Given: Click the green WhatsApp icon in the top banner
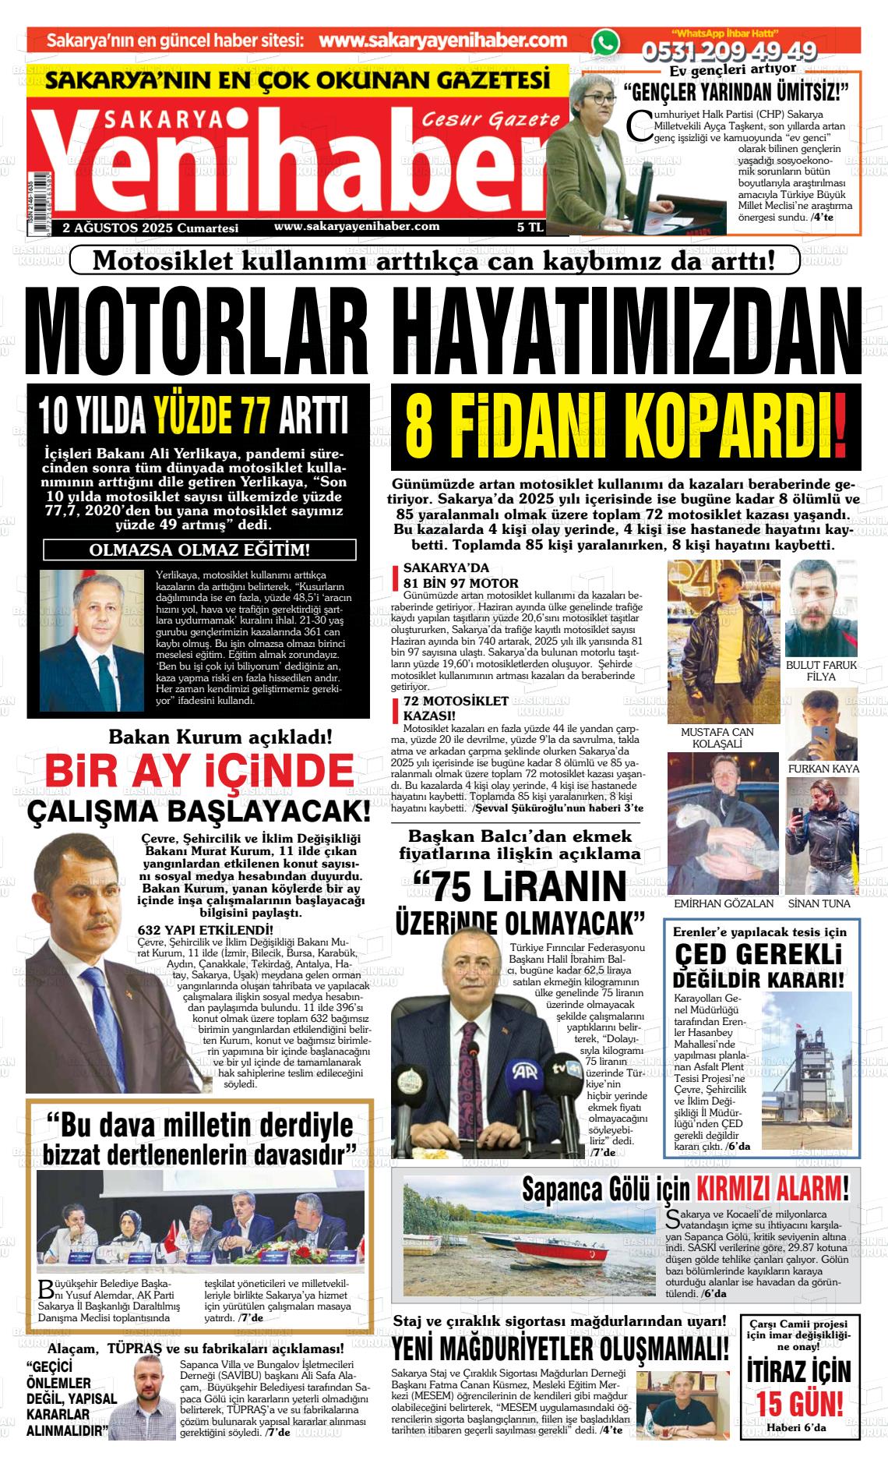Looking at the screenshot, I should [605, 42].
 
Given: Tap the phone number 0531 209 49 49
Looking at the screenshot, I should [729, 51].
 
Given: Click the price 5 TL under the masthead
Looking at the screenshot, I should [530, 228].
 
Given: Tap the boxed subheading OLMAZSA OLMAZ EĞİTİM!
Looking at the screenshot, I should [199, 550].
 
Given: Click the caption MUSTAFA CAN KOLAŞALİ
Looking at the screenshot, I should [717, 737].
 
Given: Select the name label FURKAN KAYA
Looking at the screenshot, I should [823, 769].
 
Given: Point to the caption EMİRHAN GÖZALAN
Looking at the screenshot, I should [724, 903].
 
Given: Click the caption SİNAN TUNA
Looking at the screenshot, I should [819, 903].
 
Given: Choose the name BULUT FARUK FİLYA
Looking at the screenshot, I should [821, 670].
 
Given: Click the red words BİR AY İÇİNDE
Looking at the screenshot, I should [199, 771].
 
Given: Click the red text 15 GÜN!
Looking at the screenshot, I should [799, 1405].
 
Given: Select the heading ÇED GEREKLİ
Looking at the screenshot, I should [758, 955].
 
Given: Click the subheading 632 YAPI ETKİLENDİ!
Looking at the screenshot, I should [205, 929].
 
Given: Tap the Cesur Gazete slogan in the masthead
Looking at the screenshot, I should [491, 119].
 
